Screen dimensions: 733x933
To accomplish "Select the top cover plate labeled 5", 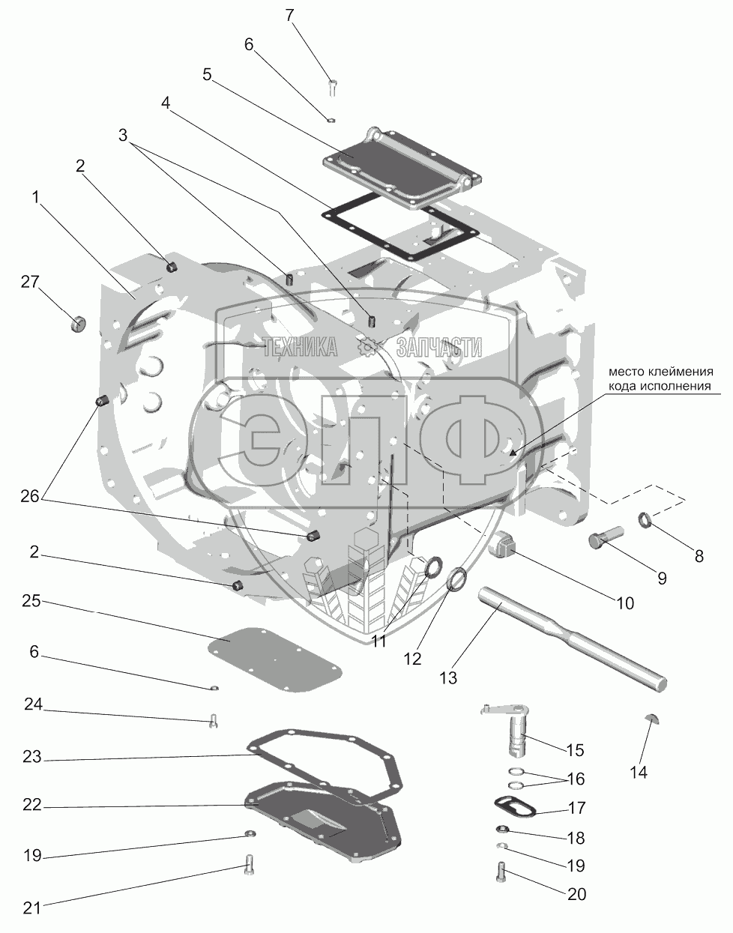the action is click(401, 166).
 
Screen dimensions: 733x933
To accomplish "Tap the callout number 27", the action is click(29, 282).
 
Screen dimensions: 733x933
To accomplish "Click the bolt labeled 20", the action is click(501, 871).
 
